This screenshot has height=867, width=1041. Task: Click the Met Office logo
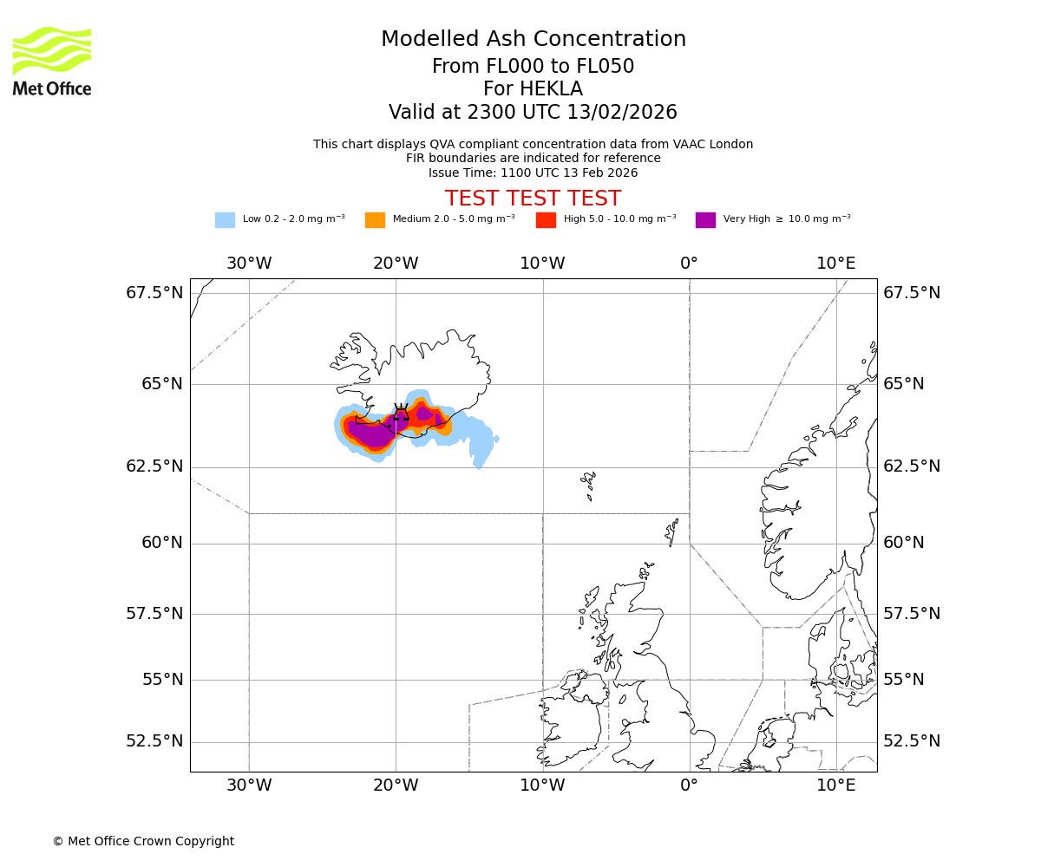coord(52,61)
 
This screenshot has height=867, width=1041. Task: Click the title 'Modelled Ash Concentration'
coord(534,40)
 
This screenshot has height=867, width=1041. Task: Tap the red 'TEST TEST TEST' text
coord(533,199)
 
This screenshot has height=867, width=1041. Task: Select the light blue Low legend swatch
coord(225,220)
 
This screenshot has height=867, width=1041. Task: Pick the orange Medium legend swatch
coord(375,220)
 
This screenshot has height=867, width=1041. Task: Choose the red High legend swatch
coord(546,220)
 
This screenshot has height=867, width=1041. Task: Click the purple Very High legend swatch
coord(705,220)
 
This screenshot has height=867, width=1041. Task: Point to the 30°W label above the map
coord(249,264)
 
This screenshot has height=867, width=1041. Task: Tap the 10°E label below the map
coord(835,786)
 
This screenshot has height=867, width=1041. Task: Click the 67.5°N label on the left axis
coord(154,293)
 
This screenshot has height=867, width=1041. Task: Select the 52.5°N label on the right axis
coord(912,741)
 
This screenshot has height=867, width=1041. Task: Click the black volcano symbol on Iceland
coord(401,412)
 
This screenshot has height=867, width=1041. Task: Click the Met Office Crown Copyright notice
coord(143,841)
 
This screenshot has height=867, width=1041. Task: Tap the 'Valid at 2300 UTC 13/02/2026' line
coord(533,113)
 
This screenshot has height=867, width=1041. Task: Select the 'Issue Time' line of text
coord(533,173)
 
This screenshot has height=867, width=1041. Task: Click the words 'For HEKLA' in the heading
coord(533,89)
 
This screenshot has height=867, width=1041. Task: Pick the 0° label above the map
coord(690,264)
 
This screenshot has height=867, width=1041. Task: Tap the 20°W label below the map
coord(396,786)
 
